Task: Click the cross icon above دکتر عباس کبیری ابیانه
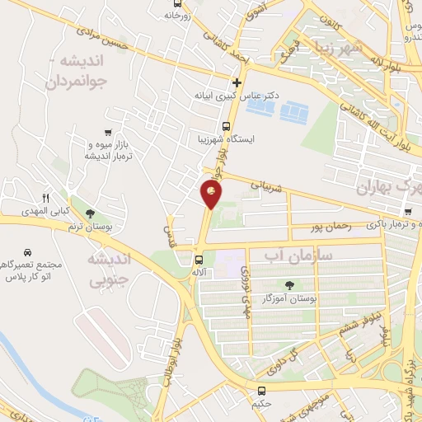coord(237,82)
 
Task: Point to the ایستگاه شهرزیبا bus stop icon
coord(204,125)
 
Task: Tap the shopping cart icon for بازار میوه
coord(108,132)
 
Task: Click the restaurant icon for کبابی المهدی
coord(47,198)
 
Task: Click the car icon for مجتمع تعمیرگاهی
coord(28,251)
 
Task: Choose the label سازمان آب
coord(298,256)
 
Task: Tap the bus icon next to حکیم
coord(261,391)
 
